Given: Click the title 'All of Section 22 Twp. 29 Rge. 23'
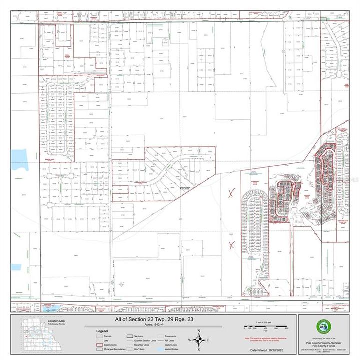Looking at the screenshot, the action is (153, 319).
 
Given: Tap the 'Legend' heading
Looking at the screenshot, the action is (103, 331).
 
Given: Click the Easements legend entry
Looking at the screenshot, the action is (173, 336).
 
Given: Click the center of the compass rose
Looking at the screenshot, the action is (199, 341).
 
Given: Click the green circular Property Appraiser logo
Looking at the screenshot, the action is (323, 327).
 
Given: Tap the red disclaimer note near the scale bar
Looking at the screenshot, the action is (264, 339).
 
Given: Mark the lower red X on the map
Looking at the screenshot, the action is (231, 244).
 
